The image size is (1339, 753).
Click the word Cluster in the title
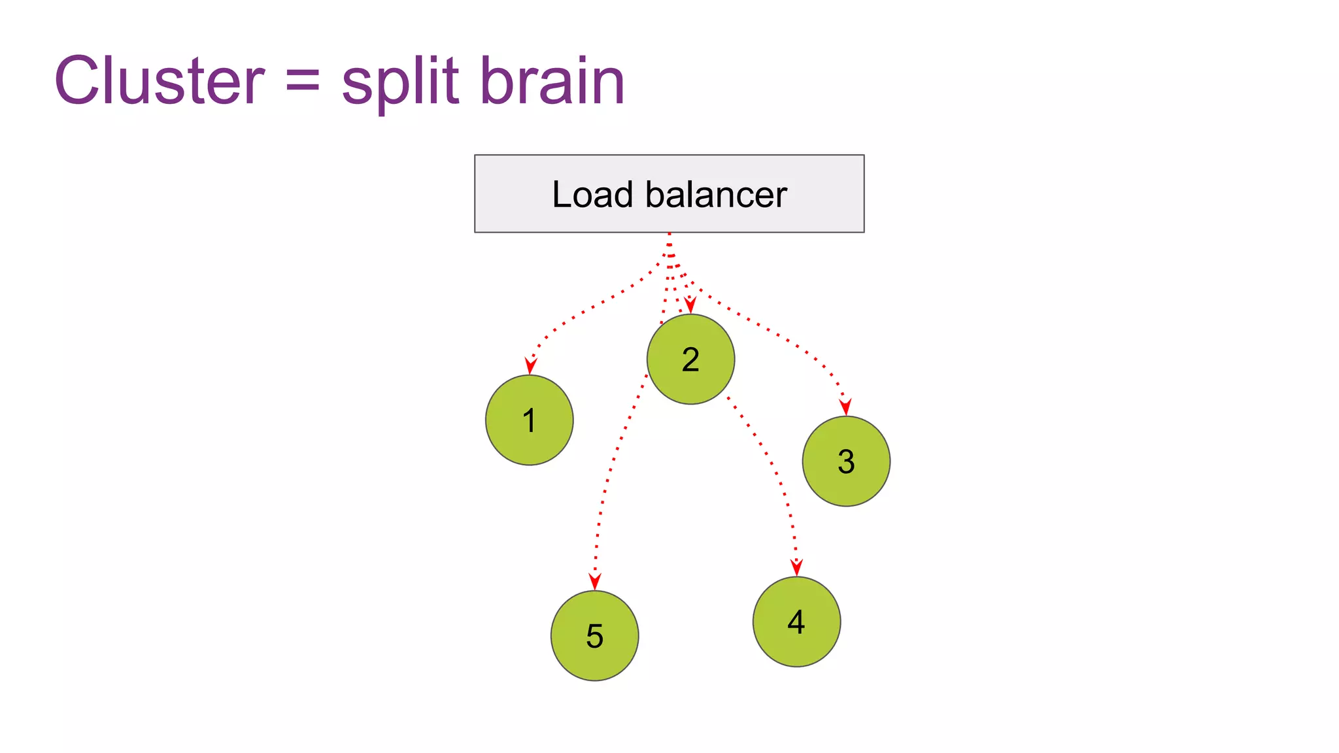(x=159, y=81)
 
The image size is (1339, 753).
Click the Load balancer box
(x=669, y=193)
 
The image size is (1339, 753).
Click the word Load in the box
(x=592, y=195)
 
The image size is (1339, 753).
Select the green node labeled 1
(x=529, y=420)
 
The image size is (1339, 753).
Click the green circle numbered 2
(x=690, y=360)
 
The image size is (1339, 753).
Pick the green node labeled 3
(x=846, y=461)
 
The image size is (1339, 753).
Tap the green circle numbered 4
(x=796, y=622)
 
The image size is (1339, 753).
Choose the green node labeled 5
(x=594, y=636)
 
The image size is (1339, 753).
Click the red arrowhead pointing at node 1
(x=531, y=365)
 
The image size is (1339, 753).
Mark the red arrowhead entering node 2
(x=690, y=305)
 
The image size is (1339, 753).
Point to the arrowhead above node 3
(x=845, y=407)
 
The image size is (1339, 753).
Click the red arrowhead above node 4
(x=796, y=567)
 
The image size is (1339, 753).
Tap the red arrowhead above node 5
(x=594, y=581)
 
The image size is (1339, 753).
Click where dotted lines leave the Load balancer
(x=669, y=237)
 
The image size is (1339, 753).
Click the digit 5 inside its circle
(x=594, y=636)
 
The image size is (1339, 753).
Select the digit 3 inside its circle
(x=846, y=461)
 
